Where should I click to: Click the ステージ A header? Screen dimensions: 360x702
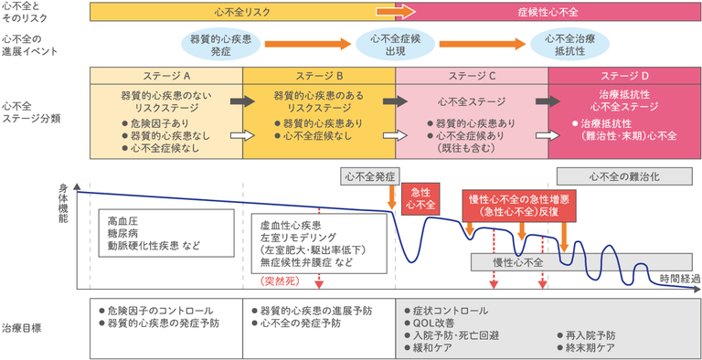tap(165, 75)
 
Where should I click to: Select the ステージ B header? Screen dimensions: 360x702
tap(319, 75)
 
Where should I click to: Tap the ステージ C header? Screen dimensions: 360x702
tap(472, 75)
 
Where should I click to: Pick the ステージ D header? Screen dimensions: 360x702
tap(625, 75)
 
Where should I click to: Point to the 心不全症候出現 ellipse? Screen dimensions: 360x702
tap(395, 44)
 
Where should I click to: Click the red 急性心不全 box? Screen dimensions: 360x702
tap(420, 197)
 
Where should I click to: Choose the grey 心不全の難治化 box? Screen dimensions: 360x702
tap(624, 175)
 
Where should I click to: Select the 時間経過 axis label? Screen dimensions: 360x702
tap(678, 278)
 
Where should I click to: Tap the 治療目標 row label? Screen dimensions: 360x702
tap(22, 327)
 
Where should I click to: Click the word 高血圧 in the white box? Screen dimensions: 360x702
tap(123, 220)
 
